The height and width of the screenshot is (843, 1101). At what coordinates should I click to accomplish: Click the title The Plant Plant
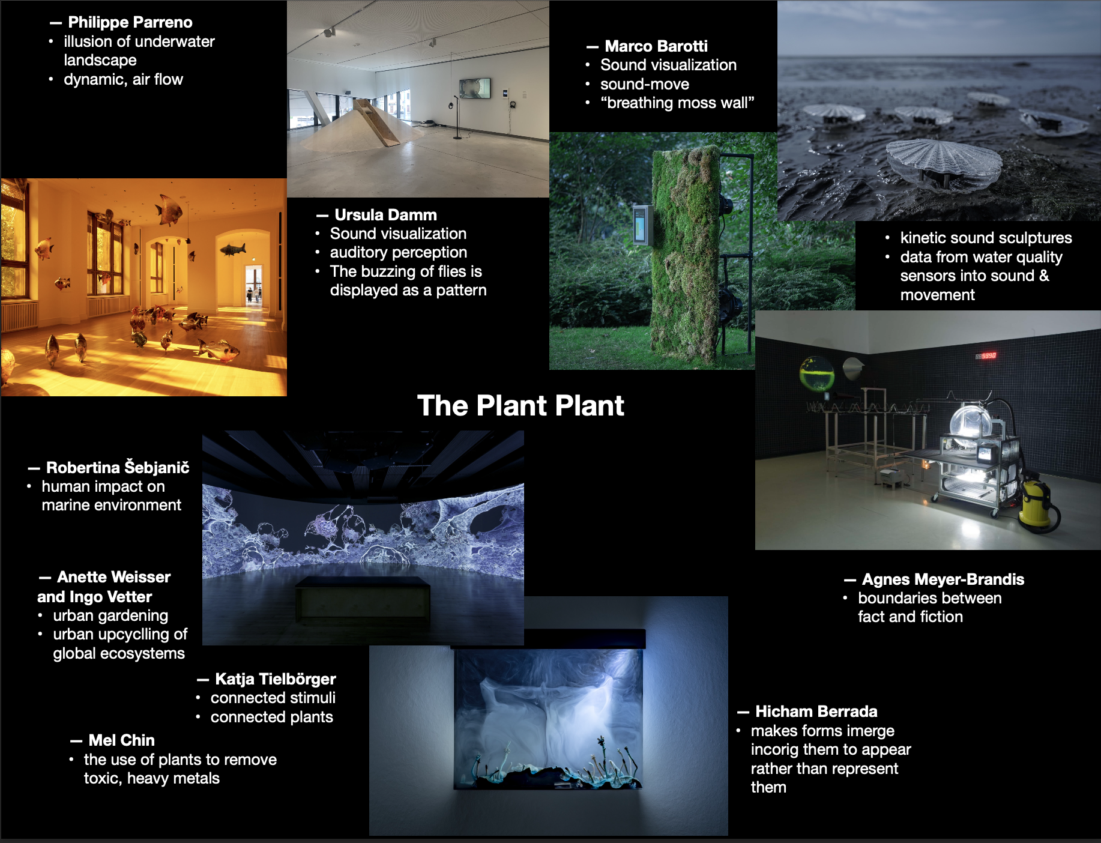[x=520, y=405]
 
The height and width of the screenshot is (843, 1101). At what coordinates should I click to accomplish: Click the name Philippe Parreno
[x=130, y=22]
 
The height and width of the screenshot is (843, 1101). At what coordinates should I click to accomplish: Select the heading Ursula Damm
[x=385, y=215]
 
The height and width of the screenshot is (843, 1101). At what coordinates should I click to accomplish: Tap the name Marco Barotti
[x=656, y=46]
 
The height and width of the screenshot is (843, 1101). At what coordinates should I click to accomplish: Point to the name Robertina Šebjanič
[x=118, y=467]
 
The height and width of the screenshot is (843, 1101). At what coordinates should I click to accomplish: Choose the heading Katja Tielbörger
[x=276, y=679]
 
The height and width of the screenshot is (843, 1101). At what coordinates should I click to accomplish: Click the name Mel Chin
[x=122, y=740]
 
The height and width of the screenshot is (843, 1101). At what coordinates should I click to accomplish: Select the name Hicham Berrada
[x=816, y=712]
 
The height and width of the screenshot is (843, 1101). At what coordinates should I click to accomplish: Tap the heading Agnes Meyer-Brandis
[x=943, y=579]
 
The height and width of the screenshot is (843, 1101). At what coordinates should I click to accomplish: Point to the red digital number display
[x=986, y=355]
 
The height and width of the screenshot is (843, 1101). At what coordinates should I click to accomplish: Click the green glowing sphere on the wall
[x=817, y=373]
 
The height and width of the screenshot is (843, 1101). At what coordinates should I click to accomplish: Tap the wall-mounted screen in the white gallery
[x=475, y=88]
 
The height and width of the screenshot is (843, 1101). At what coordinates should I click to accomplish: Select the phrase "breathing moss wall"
[x=677, y=103]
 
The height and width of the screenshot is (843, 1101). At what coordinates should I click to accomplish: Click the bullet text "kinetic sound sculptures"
[x=986, y=238]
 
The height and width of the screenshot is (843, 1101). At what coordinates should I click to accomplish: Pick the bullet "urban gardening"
[x=110, y=615]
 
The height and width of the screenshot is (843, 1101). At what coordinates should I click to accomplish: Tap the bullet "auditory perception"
[x=398, y=252]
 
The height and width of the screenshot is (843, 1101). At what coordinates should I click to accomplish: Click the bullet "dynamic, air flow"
[x=123, y=79]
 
